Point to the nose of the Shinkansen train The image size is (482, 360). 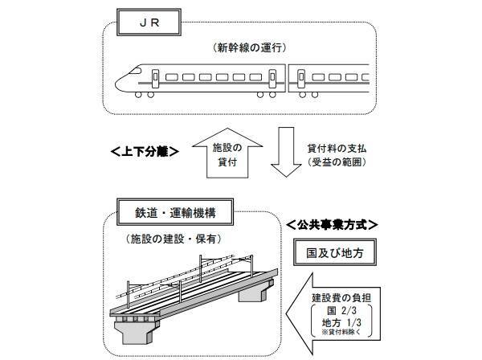pyautogui.click(x=120, y=80)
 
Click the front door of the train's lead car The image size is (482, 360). pyautogui.click(x=156, y=78)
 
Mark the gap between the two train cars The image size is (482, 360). pyautogui.click(x=285, y=78)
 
